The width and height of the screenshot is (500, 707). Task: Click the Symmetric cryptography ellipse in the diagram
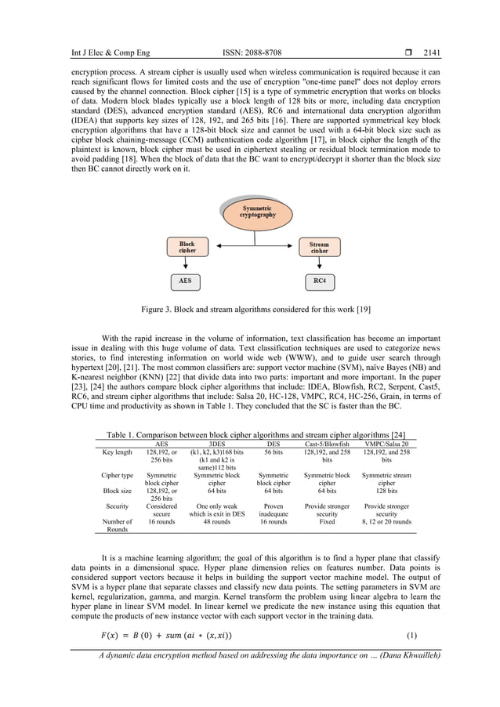[x=257, y=210]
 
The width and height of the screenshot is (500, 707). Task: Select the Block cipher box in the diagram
[x=187, y=248]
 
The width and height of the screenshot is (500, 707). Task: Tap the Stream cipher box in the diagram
[x=318, y=248]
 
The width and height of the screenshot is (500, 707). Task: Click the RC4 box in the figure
[x=318, y=280]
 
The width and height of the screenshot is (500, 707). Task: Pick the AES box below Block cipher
[x=186, y=280]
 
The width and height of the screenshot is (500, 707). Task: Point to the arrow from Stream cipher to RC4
[x=318, y=264]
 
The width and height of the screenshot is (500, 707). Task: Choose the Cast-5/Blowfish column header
[x=327, y=443]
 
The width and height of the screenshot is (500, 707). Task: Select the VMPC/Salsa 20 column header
[x=386, y=443]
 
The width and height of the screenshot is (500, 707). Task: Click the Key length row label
[x=117, y=452]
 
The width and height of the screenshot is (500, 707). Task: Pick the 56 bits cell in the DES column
[x=273, y=452]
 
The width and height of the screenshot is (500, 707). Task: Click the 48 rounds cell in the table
[x=216, y=521]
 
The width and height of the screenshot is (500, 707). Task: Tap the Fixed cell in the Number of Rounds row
[x=327, y=521]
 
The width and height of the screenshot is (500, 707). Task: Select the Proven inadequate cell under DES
[x=273, y=512]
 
